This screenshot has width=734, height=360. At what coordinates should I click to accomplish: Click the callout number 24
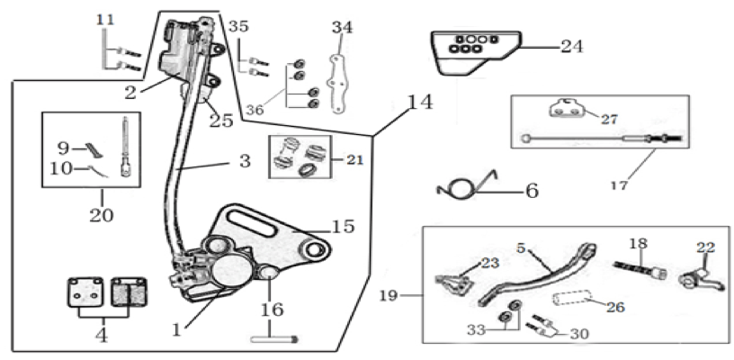coord(572,46)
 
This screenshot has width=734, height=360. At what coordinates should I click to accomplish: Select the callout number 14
coord(420,102)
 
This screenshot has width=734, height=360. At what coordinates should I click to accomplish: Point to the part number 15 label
coord(343,226)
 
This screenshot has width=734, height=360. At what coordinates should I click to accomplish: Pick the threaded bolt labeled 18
coord(640,270)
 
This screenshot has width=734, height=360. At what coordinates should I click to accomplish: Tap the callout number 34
coord(342,28)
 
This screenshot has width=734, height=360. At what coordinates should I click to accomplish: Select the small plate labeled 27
coord(567,109)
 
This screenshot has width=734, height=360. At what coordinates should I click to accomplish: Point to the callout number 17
coord(619,185)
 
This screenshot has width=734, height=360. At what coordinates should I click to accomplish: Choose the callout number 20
coord(102,215)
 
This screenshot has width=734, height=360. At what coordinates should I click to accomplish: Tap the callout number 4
coord(101,335)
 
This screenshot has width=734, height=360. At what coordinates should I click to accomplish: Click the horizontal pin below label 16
coord(273,339)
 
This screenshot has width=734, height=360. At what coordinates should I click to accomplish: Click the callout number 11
coord(105,20)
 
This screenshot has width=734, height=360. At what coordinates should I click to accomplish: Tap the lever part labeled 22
coord(695,278)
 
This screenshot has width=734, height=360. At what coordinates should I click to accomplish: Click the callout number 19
coord(389,295)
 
